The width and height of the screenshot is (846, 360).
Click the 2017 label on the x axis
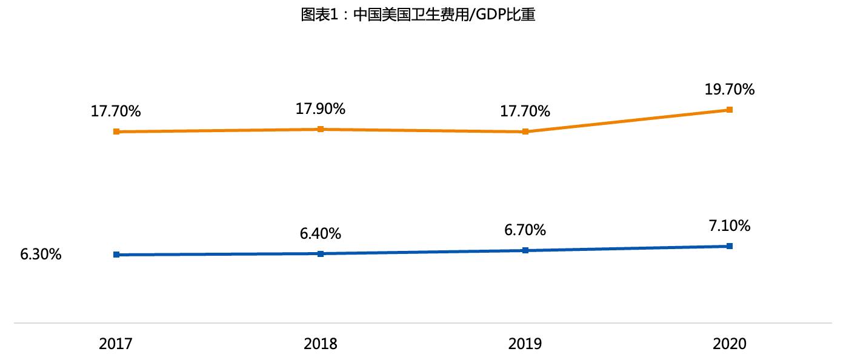116,344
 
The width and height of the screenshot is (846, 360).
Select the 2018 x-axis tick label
321,344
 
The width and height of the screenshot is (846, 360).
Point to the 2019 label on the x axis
525,344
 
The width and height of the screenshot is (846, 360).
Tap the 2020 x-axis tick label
730,344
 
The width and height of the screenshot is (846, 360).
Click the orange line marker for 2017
116,132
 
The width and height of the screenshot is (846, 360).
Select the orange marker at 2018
321,129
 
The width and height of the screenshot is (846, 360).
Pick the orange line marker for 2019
525,132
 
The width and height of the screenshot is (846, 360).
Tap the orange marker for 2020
730,110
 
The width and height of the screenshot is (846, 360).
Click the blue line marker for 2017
116,255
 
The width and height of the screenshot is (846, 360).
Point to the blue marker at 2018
321,253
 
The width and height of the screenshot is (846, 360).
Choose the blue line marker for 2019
525,250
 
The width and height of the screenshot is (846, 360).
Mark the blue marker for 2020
730,246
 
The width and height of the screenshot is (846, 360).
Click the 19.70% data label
730,90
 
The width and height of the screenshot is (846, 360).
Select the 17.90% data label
321,109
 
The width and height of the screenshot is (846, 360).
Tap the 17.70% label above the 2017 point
116,112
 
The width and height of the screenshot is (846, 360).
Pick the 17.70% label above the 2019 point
525,112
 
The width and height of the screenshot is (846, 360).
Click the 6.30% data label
41,255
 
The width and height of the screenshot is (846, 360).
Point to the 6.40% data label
321,233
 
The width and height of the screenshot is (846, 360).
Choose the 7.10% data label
730,226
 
